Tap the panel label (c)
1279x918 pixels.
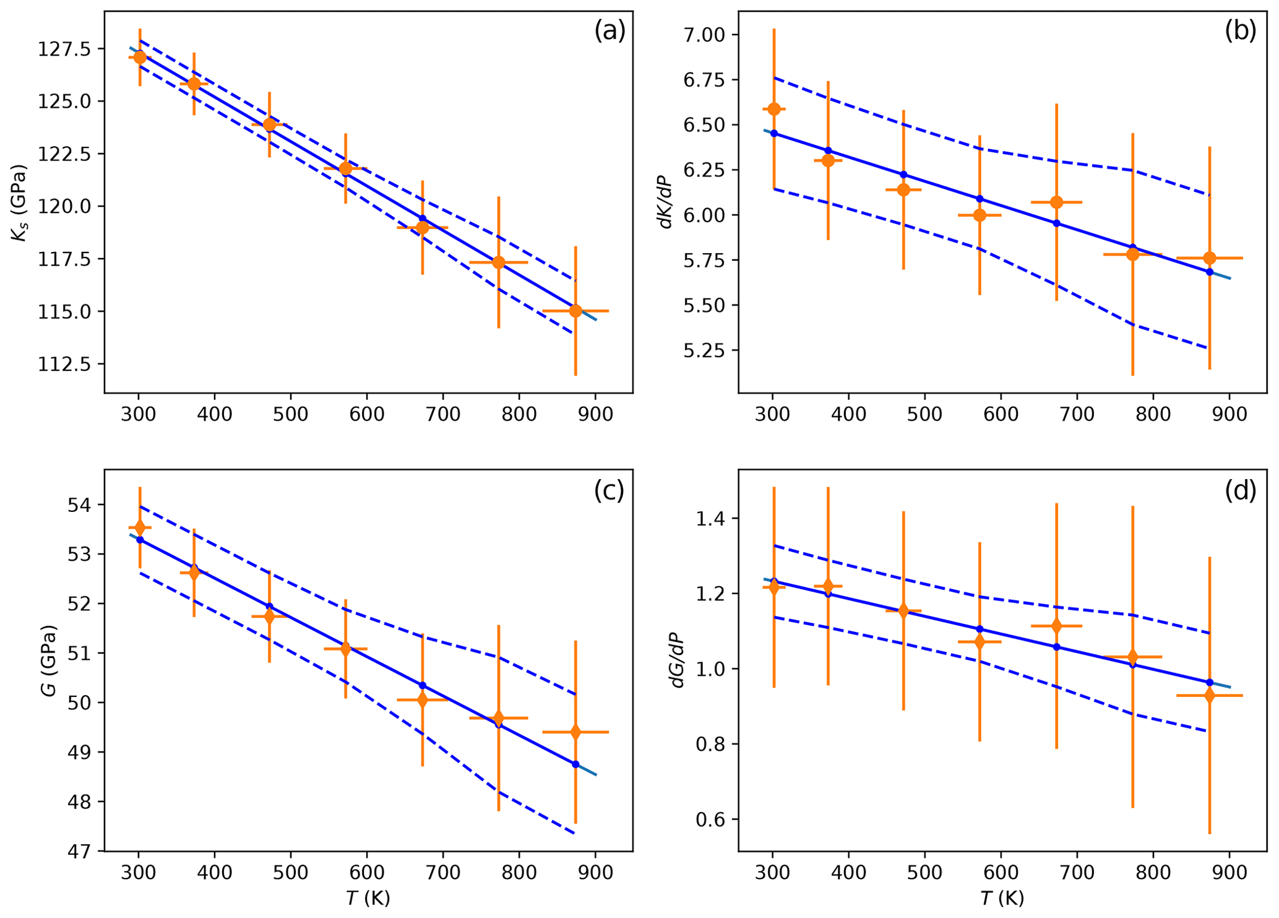pyautogui.click(x=609, y=490)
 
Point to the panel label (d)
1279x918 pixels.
pyautogui.click(x=1240, y=490)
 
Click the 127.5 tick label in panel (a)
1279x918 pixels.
pyautogui.click(x=64, y=49)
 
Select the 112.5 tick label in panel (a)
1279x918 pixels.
pyautogui.click(x=64, y=365)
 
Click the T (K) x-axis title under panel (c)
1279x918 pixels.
pyautogui.click(x=368, y=898)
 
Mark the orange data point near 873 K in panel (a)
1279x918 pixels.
pyautogui.click(x=575, y=311)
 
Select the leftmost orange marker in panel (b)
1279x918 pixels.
pyautogui.click(x=774, y=110)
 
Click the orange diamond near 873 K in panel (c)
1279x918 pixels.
pyautogui.click(x=575, y=732)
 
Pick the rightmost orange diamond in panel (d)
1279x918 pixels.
pyautogui.click(x=1210, y=696)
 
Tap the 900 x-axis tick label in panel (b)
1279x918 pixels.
pyautogui.click(x=1229, y=414)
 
